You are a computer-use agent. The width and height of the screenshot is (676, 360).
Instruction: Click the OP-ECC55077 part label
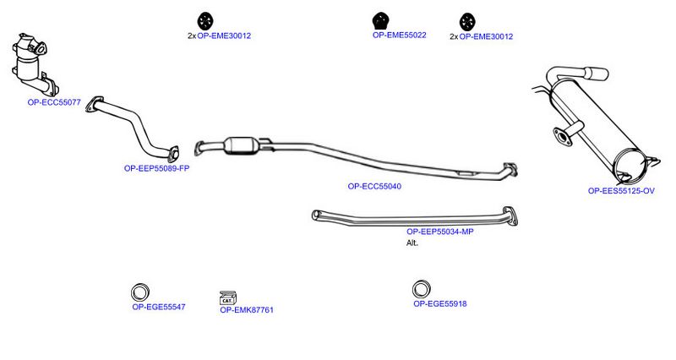coord(54,102)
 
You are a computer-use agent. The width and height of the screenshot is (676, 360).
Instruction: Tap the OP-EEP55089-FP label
coord(156,168)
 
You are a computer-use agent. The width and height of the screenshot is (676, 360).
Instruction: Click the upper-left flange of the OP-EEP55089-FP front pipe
coord(95,105)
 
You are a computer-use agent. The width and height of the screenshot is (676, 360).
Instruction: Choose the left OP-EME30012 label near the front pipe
coord(224,36)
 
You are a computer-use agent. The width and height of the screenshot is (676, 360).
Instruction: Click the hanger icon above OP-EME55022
coord(381,21)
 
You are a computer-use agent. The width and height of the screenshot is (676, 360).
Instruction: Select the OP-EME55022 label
coord(399,35)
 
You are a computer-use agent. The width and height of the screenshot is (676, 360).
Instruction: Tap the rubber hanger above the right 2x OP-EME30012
coord(467,22)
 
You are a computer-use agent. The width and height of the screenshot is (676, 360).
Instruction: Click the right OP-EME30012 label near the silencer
coord(486,37)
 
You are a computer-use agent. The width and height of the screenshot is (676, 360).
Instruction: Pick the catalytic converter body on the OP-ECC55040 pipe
coord(241,145)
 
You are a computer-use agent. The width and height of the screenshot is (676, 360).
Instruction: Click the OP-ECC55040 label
coord(374,187)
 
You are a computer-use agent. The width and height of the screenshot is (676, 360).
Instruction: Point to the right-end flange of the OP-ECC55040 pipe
coord(510,170)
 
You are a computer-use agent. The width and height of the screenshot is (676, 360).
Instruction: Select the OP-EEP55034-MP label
coord(439,232)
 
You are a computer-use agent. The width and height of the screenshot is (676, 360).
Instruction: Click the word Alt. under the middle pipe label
coord(412,243)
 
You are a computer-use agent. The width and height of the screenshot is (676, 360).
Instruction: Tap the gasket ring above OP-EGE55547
coord(140,292)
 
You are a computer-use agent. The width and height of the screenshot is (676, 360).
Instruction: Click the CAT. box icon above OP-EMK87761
coord(227,298)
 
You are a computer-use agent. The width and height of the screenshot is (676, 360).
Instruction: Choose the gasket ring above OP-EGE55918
coord(422,289)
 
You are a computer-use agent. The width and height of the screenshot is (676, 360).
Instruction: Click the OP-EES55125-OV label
coord(621,191)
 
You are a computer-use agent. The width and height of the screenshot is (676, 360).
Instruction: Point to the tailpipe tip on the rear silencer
coord(597,74)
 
